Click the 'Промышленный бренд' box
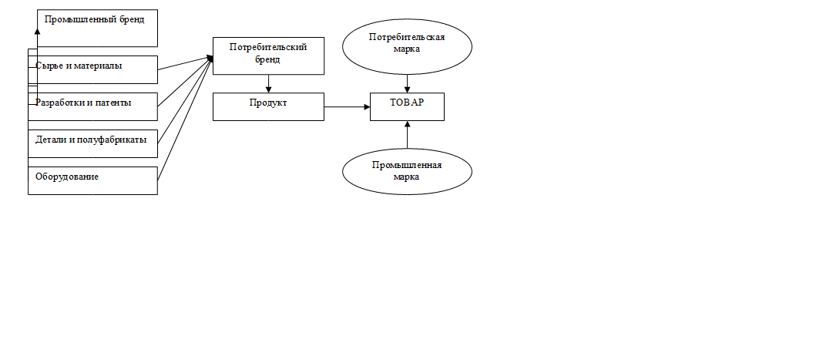coord(98,28)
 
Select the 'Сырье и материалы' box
coord(93,69)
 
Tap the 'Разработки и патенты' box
coord(93,106)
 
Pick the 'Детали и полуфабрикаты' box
coord(93,143)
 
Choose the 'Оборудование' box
coord(93,181)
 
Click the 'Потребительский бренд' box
coord(268,56)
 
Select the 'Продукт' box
coord(268,107)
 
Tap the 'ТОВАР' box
coord(407,107)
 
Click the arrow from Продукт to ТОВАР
coord(347,107)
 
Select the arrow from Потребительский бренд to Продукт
coord(268,83)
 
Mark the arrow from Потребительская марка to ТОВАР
coord(407,83)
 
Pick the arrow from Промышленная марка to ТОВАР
coord(407,135)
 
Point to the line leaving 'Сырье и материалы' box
coord(186,62)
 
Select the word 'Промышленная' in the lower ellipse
coord(407,166)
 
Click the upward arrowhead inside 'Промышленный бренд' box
coord(37,31)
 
